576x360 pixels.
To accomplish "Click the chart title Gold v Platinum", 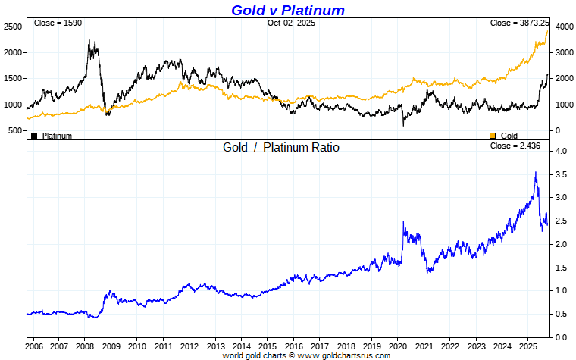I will coord(287,10).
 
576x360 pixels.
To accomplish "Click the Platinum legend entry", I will coord(57,136).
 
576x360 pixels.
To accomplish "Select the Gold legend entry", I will coord(509,136).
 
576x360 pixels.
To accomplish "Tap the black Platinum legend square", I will coord(34,136).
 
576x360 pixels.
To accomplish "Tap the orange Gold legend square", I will coord(493,136).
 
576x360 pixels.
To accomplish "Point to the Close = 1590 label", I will coord(58,23).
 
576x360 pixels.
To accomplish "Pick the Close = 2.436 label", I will coord(515,146).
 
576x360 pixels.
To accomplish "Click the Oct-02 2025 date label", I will coord(291,23).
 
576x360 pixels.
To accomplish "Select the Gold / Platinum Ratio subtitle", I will coord(280,147).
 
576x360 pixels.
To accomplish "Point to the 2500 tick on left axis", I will coord(12,27).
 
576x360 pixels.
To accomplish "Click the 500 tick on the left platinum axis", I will coord(15,130).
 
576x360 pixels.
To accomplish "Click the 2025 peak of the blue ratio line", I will coord(536,173).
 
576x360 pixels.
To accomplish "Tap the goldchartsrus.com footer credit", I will coord(306,355).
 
